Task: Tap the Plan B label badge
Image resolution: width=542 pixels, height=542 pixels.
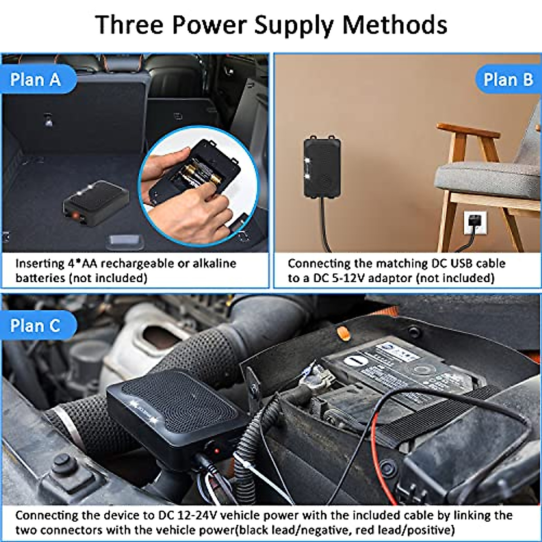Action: pos(508,80)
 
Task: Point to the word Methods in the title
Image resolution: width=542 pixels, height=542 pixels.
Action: pos(394,25)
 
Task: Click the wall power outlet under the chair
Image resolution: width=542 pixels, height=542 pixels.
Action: pos(476,223)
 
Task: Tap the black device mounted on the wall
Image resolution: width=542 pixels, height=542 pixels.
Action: pos(322,166)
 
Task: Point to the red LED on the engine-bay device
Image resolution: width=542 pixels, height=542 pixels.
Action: pos(217,451)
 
